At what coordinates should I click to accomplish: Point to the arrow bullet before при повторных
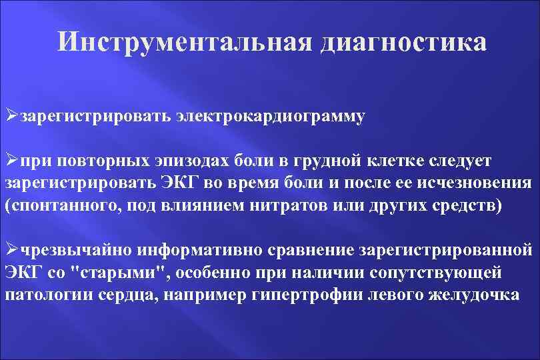(x=11, y=161)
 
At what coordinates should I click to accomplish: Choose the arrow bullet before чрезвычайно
(x=11, y=250)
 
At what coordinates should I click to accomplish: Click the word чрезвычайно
(x=76, y=251)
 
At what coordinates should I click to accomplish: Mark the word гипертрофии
(x=307, y=295)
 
